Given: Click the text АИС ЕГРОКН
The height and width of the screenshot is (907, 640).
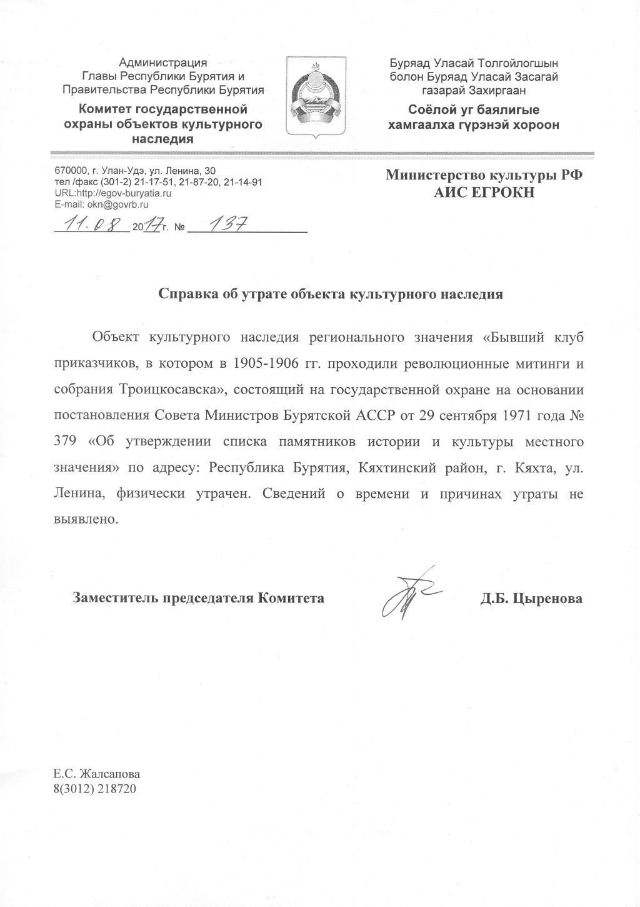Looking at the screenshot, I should click(x=485, y=193).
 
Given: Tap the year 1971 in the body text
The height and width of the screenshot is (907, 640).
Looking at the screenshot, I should click(x=513, y=415).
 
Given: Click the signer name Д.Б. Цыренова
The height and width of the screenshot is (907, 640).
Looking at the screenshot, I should click(x=531, y=599).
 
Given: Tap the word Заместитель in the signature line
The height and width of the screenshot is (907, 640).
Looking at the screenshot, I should click(x=116, y=599).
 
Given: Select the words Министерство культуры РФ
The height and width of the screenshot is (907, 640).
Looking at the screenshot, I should click(x=484, y=175).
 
